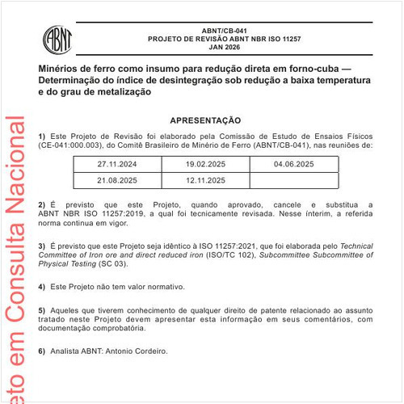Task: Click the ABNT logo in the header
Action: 59,38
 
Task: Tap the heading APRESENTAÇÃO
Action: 205,120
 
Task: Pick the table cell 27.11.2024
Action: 117,163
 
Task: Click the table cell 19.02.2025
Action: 206,163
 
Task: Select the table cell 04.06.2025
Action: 295,163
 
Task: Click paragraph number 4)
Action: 42,287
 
